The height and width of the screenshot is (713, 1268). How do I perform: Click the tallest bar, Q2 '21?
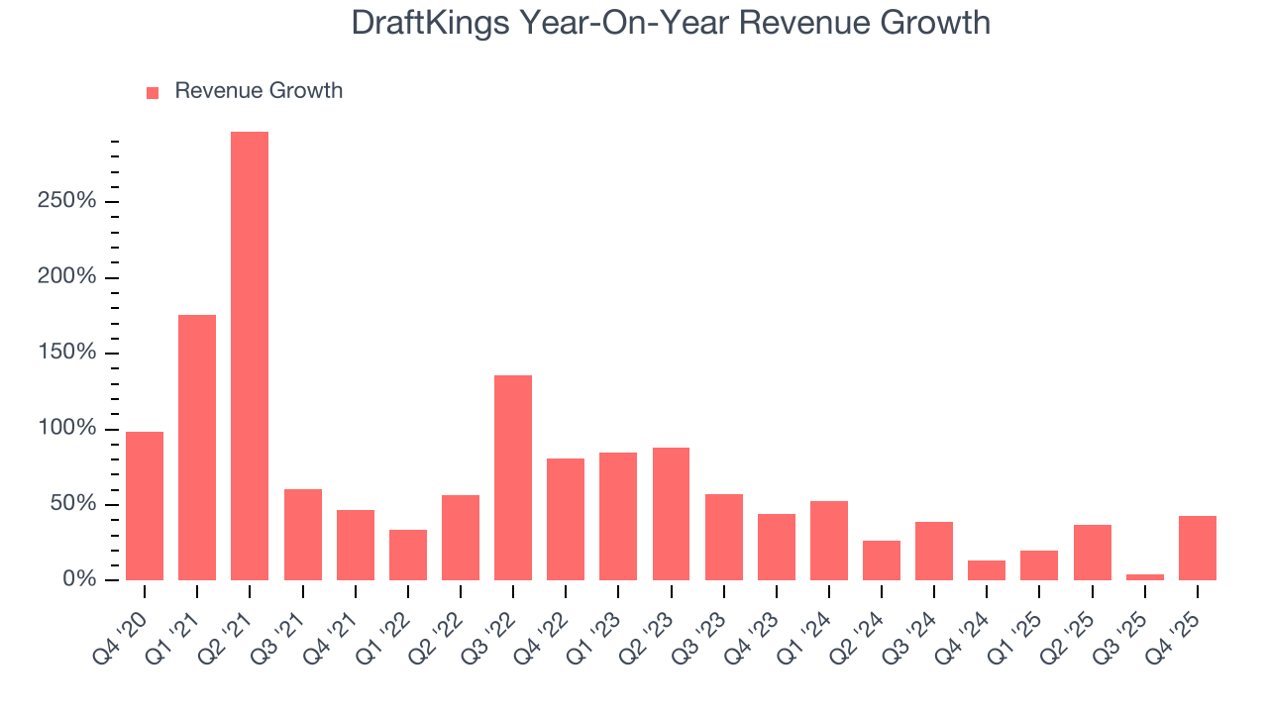point(250,356)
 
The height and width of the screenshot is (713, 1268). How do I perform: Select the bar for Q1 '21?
point(197,448)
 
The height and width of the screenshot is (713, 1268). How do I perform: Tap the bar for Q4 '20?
point(145,506)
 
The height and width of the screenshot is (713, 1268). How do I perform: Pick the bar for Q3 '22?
point(513,477)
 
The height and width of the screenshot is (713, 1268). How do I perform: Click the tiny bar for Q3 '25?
point(1144,577)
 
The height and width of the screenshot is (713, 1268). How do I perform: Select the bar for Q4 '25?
point(1197,548)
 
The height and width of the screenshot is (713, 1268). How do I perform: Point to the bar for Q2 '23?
point(671,514)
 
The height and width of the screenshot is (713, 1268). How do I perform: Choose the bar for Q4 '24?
point(986,570)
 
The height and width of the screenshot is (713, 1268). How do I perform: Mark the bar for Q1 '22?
point(408,555)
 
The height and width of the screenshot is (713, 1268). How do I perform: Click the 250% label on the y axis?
point(68,201)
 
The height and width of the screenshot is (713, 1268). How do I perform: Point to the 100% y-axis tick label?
point(68,429)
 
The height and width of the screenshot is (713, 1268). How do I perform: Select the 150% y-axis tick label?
point(68,354)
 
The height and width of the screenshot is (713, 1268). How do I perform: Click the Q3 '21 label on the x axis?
point(280,634)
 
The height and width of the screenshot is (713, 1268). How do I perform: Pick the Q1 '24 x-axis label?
point(806,634)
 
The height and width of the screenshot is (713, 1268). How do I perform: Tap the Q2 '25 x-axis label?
point(1070,634)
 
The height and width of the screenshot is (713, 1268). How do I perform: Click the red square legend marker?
point(153,92)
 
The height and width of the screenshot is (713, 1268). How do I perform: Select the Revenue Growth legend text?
point(259,91)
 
